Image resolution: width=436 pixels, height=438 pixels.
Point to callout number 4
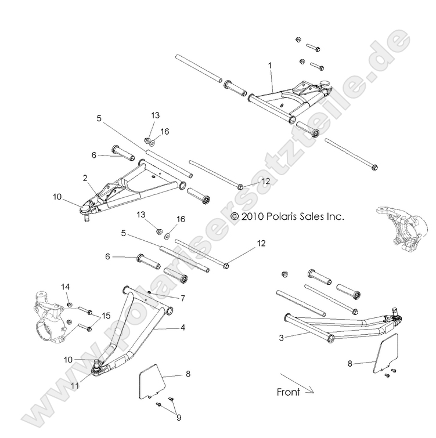[182, 328]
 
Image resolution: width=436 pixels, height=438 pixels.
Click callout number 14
[65, 287]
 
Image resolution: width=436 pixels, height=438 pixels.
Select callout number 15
[106, 315]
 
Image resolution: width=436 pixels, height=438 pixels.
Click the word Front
[289, 392]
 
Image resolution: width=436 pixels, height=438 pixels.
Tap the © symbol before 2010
[235, 216]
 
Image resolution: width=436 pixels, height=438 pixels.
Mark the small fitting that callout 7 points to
[150, 292]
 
